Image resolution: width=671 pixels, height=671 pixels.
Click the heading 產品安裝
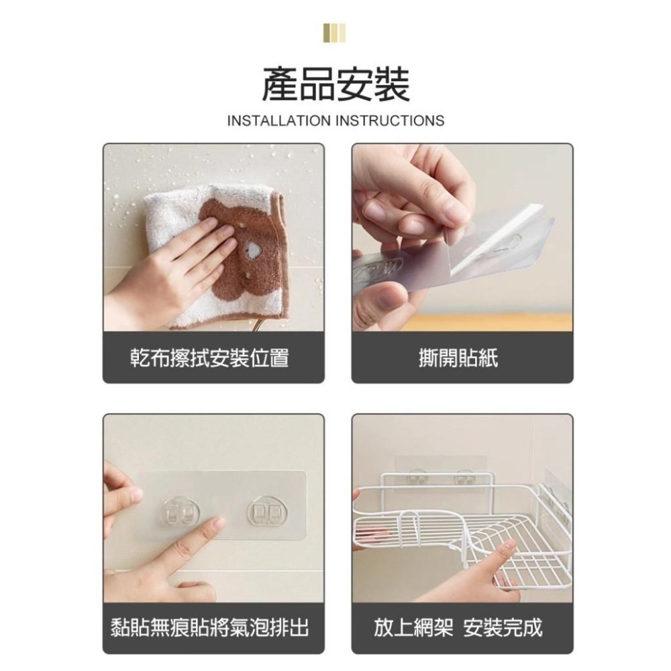point(335,85)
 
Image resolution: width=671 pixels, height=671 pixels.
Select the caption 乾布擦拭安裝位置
point(209,358)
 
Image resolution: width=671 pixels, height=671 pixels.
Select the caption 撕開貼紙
point(462,358)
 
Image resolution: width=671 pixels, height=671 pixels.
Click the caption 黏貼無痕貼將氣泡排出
point(209,627)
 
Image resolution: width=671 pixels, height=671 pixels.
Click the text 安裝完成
point(503,627)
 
